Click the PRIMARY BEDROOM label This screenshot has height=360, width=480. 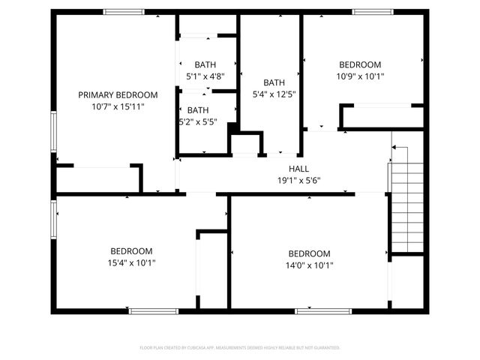coord(118,94)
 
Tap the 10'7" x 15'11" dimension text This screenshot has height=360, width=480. coord(118,106)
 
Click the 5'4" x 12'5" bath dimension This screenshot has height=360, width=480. coord(274,94)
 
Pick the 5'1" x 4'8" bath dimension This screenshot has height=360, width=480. coord(205,76)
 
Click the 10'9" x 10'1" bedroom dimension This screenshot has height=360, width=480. coord(360,76)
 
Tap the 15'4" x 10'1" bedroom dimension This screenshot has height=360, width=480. coord(131,263)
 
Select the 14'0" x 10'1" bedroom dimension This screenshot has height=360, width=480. coord(309,265)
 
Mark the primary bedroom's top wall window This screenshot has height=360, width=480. coord(124,11)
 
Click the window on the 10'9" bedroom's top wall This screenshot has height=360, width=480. coord(373,11)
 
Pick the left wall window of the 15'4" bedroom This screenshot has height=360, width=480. coord(52,219)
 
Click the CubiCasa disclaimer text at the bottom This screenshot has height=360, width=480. coord(240,348)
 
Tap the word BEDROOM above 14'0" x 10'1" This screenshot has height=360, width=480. coord(309,253)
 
